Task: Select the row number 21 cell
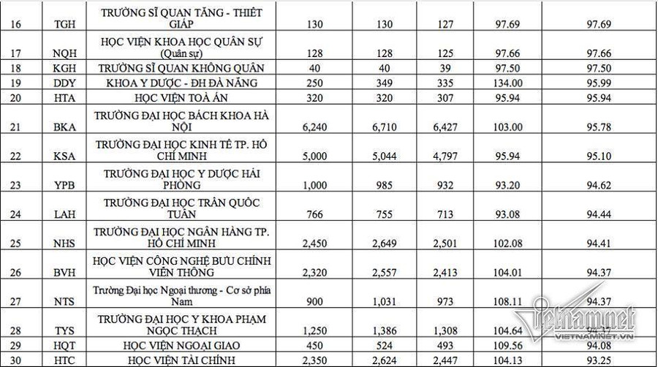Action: coord(17,127)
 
